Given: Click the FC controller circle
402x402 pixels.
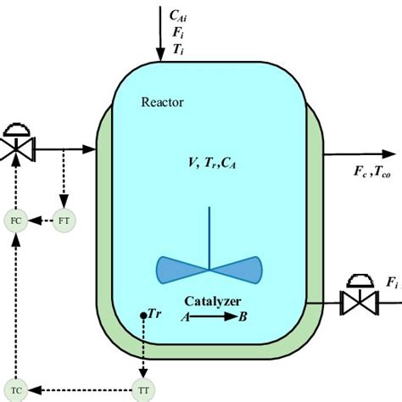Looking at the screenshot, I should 15,221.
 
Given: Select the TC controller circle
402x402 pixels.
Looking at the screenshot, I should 15,390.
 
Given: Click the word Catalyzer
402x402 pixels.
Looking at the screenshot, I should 212,301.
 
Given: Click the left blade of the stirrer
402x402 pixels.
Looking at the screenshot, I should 181,269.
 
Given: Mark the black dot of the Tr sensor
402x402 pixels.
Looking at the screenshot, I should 142,315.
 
